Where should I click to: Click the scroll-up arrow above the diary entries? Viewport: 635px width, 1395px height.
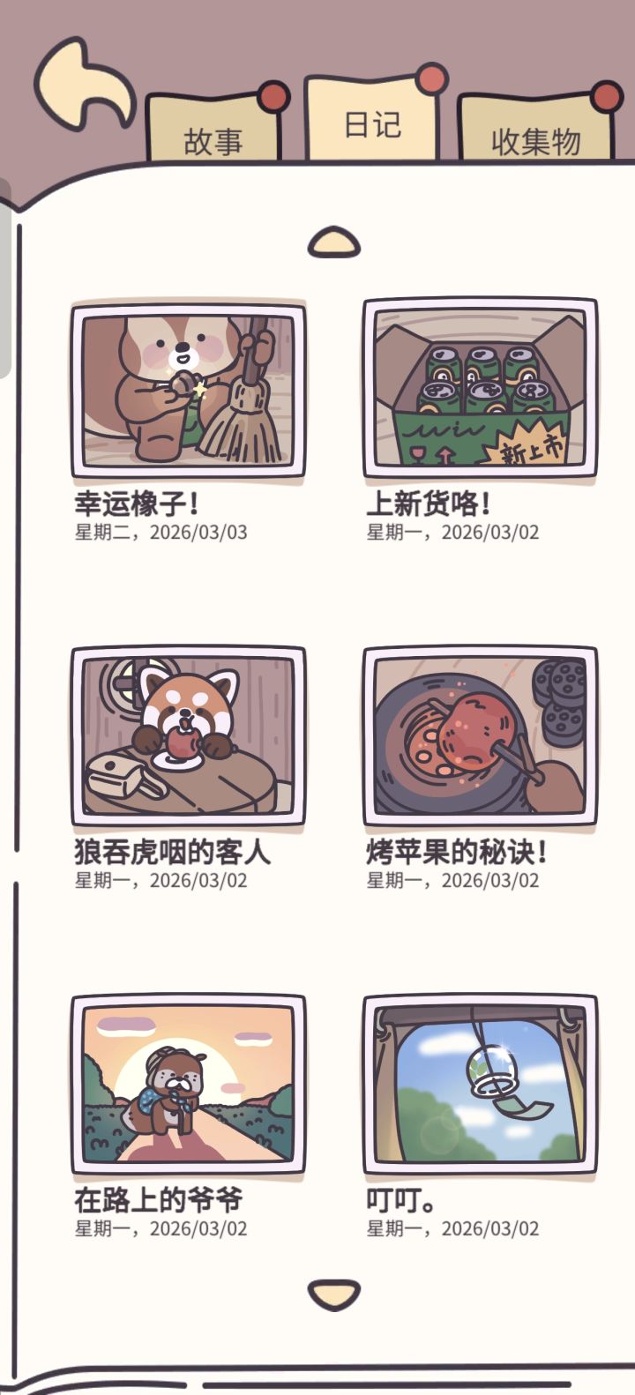334,242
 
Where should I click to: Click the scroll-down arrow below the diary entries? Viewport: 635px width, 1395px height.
334,1294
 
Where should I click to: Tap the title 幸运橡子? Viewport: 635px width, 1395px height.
137,504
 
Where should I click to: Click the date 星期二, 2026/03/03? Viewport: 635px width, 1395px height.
161,533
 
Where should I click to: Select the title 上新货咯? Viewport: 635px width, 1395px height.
428,504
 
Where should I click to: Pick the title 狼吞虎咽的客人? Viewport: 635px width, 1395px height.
173,851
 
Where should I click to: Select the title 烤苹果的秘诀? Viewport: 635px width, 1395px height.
457,851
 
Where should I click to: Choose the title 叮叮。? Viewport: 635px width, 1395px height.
400,1199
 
